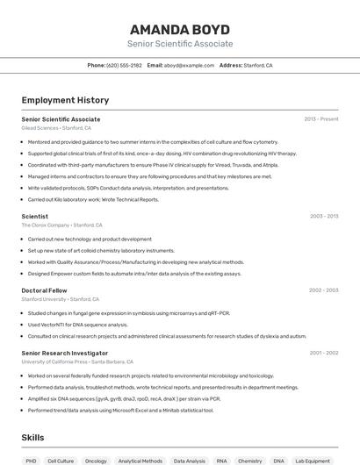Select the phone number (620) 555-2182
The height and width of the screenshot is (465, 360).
point(124,65)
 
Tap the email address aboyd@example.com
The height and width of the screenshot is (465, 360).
point(189,65)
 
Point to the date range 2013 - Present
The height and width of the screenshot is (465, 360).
point(321,118)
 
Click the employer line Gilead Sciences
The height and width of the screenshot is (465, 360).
point(56,128)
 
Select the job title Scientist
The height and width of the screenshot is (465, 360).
point(35,216)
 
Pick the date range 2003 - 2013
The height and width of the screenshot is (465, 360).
point(324,216)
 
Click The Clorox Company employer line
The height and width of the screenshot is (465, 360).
point(56,225)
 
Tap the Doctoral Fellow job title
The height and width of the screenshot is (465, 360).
point(44,290)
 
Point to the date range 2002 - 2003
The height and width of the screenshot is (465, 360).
point(324,290)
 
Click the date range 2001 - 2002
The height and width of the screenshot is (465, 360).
point(324,353)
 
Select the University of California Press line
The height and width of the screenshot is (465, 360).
point(77,361)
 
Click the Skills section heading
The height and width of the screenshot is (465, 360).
point(33,437)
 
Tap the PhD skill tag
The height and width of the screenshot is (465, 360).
point(31,461)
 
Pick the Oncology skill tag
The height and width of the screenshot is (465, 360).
point(96,461)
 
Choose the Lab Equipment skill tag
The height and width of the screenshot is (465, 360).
point(313,461)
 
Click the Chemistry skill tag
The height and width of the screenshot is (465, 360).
point(250,461)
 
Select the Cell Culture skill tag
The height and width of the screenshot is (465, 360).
point(61,461)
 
